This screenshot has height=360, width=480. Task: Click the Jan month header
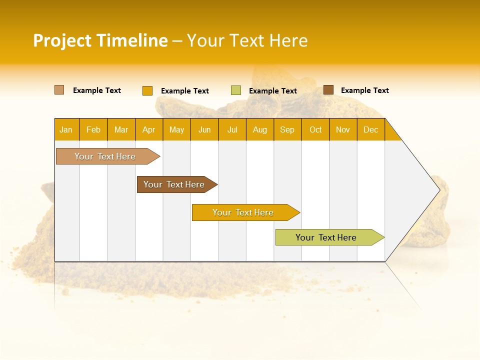pos(66,129)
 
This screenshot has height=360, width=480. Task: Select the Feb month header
pos(93,129)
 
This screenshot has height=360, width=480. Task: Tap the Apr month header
pos(148,129)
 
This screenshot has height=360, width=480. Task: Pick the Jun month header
pos(204,129)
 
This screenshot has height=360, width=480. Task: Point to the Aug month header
pos(259,129)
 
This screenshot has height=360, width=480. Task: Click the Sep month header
pos(287,129)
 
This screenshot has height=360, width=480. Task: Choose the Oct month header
pos(315,129)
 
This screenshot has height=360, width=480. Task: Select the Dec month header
pos(370,129)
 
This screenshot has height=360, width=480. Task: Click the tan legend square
pos(59,90)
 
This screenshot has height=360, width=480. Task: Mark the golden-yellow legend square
pos(147,90)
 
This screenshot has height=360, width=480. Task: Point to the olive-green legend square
pos(236,90)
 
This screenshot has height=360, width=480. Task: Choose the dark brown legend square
pos(328,90)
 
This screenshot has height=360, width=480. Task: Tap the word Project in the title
pos(62,40)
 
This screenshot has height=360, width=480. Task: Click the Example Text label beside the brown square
pos(364,90)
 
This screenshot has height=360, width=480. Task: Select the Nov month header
pos(343,129)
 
